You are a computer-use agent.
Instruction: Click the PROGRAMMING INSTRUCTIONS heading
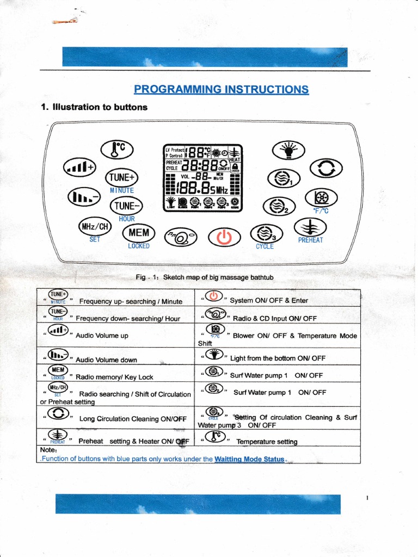click(x=222, y=89)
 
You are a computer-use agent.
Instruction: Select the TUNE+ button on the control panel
click(x=121, y=177)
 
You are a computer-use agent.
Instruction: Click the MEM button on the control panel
click(x=139, y=233)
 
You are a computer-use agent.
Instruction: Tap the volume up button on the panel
click(x=80, y=166)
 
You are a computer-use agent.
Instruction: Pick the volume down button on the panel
click(x=83, y=197)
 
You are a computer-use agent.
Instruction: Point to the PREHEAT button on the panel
click(x=310, y=227)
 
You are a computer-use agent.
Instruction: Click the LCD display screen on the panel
click(x=204, y=178)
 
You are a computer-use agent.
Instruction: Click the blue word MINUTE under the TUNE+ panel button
click(x=122, y=190)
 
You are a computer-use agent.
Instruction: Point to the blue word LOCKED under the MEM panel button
click(x=139, y=246)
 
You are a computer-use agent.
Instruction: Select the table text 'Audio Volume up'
click(x=102, y=336)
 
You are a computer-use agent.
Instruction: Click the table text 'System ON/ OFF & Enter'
click(x=269, y=300)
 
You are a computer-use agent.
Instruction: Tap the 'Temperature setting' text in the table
click(x=267, y=442)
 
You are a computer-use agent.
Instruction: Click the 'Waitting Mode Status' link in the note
click(x=249, y=459)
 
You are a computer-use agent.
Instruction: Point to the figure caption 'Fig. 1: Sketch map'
click(x=204, y=277)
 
